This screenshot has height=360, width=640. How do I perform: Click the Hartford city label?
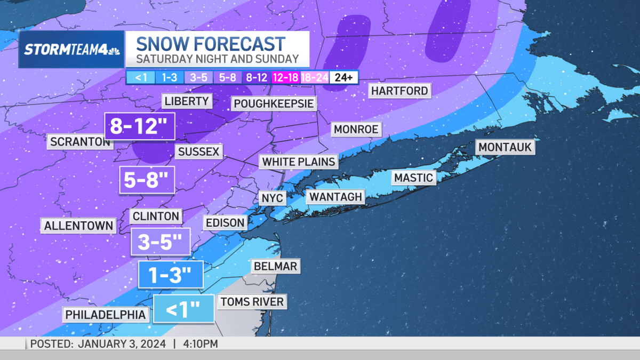399,91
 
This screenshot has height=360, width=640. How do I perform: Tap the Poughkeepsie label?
273,103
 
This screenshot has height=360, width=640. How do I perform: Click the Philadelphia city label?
106,315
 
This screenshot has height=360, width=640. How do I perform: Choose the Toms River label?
252,302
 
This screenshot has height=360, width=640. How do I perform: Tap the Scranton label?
80,142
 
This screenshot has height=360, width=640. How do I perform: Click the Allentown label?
78,226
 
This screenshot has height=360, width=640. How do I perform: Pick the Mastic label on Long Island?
413,178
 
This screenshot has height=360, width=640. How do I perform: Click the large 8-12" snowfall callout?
140,127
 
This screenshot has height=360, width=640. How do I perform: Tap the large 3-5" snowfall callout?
161,243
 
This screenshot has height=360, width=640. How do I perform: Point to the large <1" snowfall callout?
183,309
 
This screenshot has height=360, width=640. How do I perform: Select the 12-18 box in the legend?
286,77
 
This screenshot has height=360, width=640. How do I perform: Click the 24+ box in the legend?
343,77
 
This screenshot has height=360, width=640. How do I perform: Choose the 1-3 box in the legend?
170,77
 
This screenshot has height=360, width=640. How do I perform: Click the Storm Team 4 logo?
71,50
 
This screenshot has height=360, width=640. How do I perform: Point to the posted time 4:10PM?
201,344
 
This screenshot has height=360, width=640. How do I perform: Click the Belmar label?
275,266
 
